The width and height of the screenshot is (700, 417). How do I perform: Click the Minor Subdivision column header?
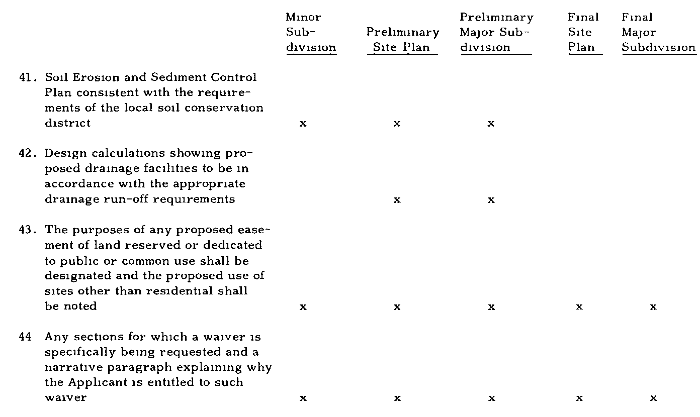tap(311, 32)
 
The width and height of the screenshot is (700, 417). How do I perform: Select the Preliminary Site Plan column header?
tap(403, 40)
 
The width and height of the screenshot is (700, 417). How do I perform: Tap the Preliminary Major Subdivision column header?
tap(496, 32)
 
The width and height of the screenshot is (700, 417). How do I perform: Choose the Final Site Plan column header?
tap(583, 32)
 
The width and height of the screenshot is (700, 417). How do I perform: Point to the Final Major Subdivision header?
tap(658, 32)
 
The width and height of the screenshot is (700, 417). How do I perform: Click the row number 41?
tap(28, 77)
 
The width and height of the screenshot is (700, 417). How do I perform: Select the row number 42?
tap(28, 153)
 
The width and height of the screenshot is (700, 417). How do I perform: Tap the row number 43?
tap(28, 230)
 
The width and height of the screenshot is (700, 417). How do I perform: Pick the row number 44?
tap(25, 337)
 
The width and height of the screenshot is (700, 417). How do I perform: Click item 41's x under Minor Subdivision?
tap(303, 124)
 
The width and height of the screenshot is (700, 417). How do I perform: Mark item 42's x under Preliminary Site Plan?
tap(397, 200)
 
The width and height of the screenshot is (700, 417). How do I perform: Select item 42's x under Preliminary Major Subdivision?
tap(491, 200)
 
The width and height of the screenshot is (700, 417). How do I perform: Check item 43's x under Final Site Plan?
tap(579, 307)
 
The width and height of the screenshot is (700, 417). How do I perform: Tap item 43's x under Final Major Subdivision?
tap(653, 307)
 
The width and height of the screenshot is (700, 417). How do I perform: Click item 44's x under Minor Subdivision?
tap(303, 398)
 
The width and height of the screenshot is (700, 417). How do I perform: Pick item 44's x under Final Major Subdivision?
tap(653, 398)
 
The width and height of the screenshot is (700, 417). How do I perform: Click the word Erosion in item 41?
tap(96, 77)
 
